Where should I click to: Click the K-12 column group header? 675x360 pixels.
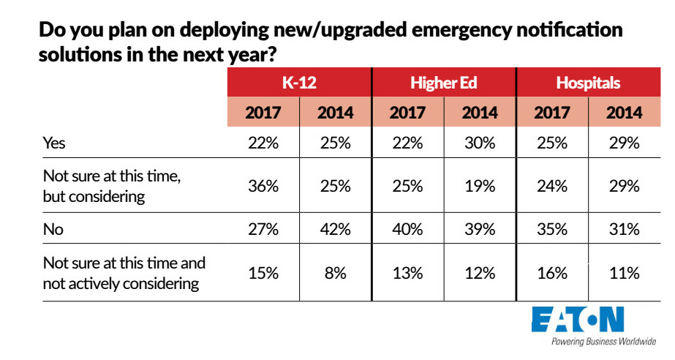[298, 83]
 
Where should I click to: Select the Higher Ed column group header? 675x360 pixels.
[443, 83]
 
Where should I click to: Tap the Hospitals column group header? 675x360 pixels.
[588, 83]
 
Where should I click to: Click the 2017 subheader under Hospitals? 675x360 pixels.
[552, 113]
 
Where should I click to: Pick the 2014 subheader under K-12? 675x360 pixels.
[335, 113]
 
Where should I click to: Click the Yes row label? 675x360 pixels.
[55, 143]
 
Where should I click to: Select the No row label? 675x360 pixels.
[53, 230]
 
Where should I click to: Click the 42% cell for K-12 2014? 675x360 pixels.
[335, 230]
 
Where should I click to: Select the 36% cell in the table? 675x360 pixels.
[263, 187]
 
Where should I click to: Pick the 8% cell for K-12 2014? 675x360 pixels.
[335, 273]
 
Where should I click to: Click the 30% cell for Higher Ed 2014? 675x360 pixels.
[480, 143]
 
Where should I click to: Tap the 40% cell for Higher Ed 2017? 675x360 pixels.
[407, 230]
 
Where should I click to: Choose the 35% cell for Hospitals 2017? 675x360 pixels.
[552, 230]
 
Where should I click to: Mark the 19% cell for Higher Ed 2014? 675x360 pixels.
[480, 187]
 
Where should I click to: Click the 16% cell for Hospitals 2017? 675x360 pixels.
[552, 273]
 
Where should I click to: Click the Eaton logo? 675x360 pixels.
[578, 320]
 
